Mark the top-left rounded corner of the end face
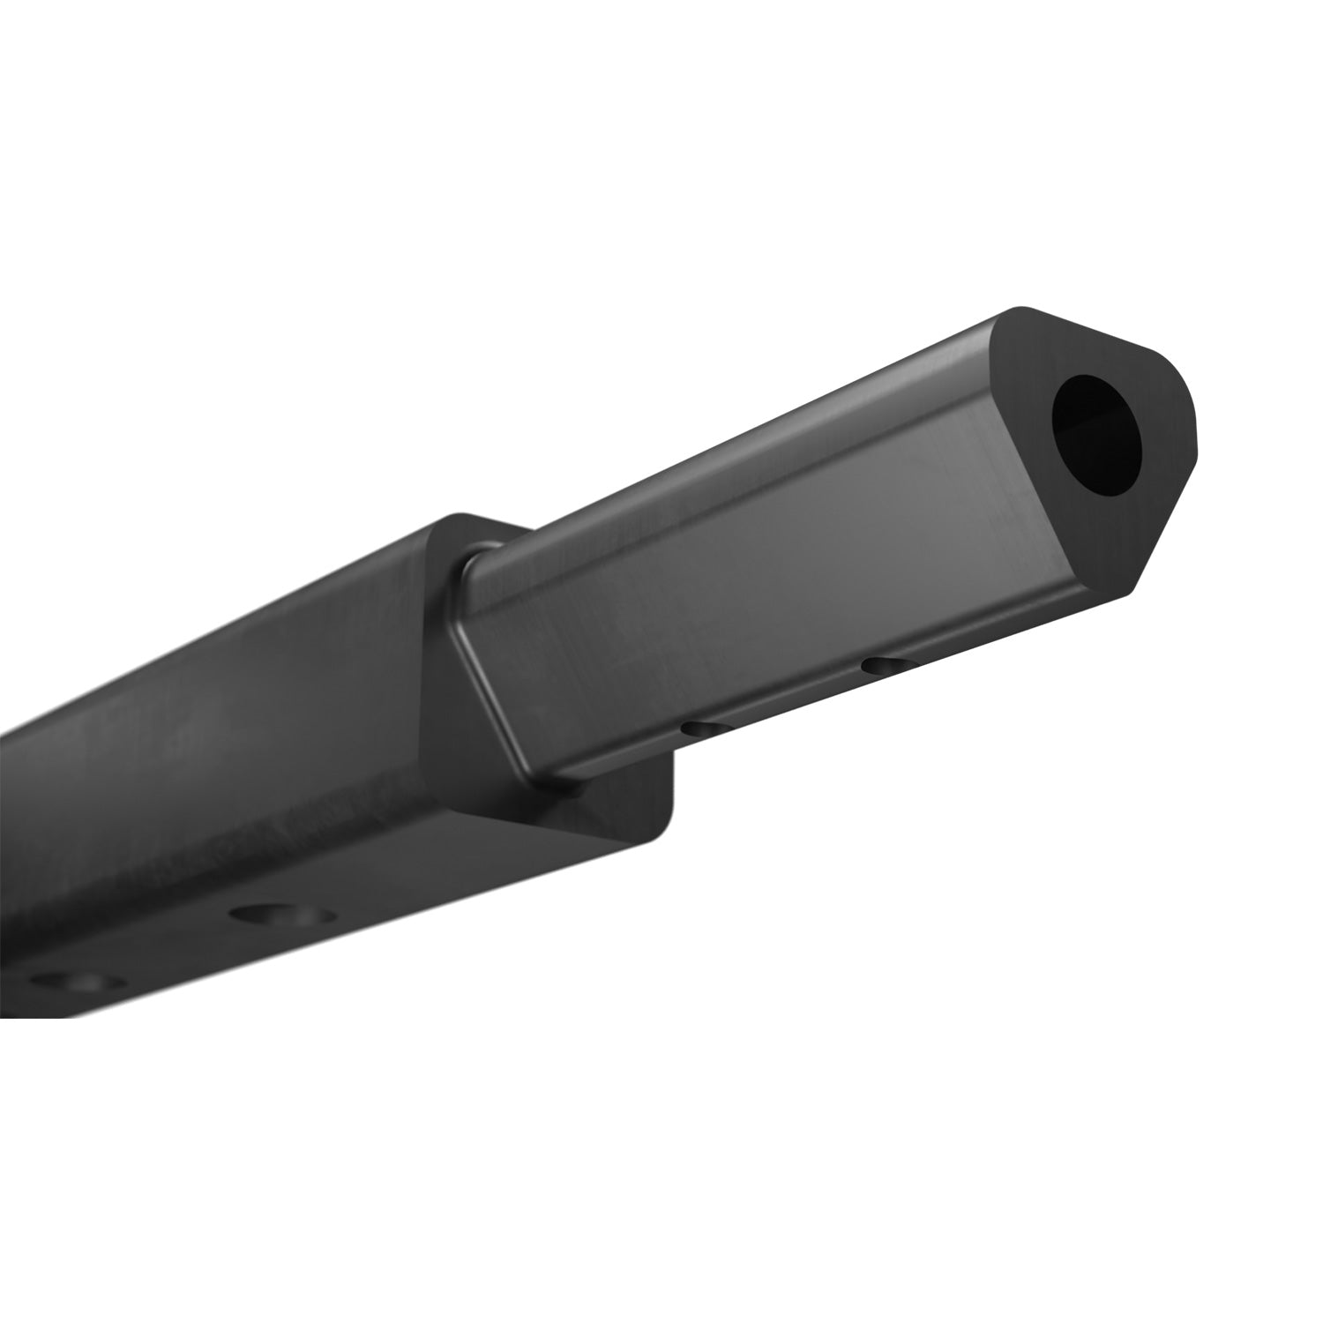1014,318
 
